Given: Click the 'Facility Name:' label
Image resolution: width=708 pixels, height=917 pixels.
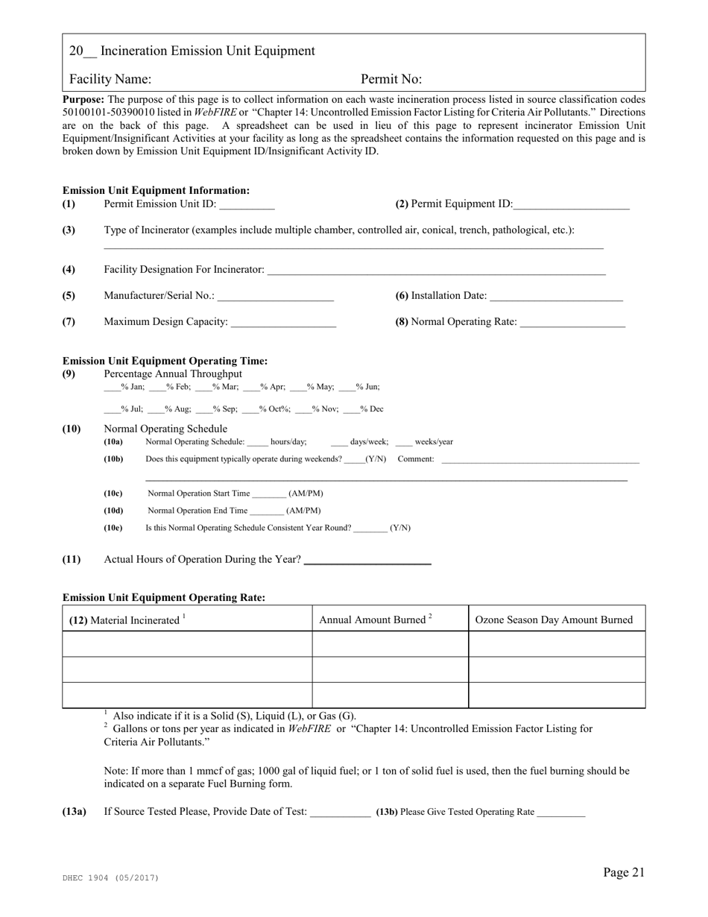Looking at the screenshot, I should [x=110, y=79].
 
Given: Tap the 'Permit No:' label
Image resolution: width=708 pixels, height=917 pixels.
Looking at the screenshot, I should [x=391, y=79].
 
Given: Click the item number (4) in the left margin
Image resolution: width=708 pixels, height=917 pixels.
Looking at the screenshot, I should [x=69, y=269].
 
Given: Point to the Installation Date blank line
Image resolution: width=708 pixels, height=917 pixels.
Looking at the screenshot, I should [x=556, y=298].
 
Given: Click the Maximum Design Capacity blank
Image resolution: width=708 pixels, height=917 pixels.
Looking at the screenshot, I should [x=284, y=324].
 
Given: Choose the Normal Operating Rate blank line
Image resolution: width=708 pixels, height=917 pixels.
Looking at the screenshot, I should [x=572, y=324].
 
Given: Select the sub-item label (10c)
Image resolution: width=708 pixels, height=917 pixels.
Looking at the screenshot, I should [x=113, y=494].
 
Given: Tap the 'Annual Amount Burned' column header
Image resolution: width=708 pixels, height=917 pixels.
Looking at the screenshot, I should [x=375, y=620].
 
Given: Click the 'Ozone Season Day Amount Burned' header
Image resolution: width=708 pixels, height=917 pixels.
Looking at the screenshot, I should [x=554, y=620].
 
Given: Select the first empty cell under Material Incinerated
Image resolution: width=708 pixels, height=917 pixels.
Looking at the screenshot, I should [x=187, y=644].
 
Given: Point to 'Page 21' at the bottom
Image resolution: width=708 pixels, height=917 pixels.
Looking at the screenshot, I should [x=623, y=873].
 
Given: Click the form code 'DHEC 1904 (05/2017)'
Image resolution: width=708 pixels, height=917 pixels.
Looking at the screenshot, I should [x=110, y=878].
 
